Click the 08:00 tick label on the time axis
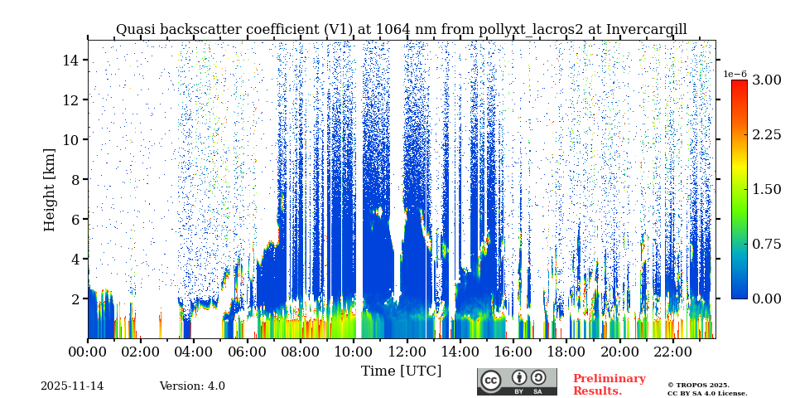(300, 352)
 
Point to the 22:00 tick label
(672, 352)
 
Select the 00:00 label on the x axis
(88, 352)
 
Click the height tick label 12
(70, 100)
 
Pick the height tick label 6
(74, 220)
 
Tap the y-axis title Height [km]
(50, 189)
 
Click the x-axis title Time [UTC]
(401, 371)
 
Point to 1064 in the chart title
(393, 30)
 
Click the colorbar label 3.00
(767, 80)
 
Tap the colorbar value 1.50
(767, 189)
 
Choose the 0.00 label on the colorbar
(767, 298)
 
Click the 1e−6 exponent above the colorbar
(735, 74)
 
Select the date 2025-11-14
(72, 386)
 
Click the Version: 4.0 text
(192, 386)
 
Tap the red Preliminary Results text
(609, 385)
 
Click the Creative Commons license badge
(517, 381)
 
